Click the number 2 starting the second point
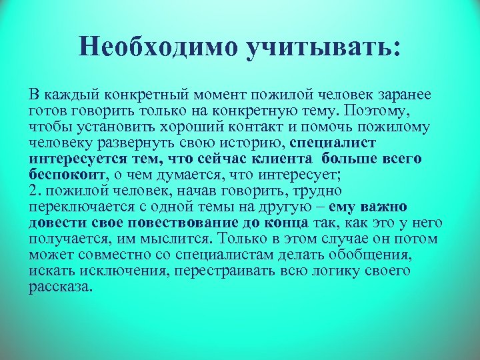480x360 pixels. point(33,190)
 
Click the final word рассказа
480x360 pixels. point(61,286)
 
